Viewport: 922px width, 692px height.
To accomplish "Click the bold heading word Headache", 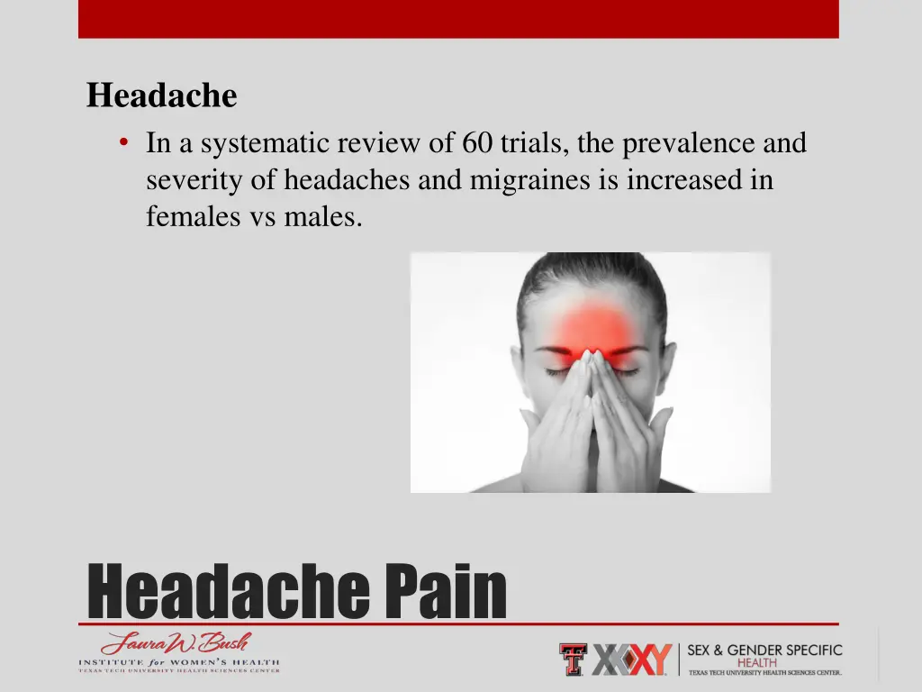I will pyautogui.click(x=162, y=96).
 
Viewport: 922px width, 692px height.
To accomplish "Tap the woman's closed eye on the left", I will pyautogui.click(x=556, y=370).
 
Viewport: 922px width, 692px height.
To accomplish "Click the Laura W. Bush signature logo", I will pyautogui.click(x=176, y=644).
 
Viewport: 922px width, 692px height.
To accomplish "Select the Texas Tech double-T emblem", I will pyautogui.click(x=572, y=660).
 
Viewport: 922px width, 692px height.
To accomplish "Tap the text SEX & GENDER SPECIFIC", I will pyautogui.click(x=764, y=650).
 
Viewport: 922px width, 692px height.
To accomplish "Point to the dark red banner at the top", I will pyautogui.click(x=458, y=19).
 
